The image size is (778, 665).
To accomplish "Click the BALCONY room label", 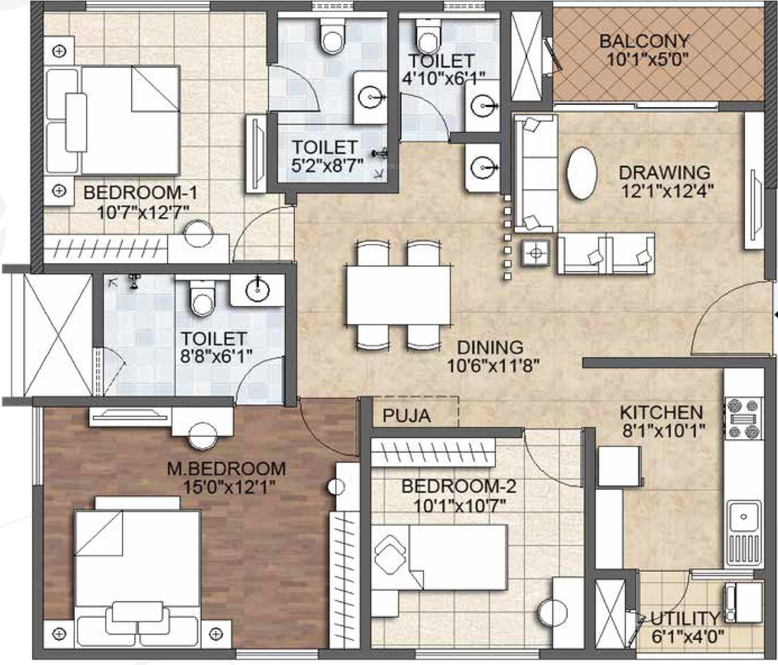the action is click(644, 40).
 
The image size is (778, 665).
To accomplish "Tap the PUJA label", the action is click(407, 416).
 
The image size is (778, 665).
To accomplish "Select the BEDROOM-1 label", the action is click(140, 193).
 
